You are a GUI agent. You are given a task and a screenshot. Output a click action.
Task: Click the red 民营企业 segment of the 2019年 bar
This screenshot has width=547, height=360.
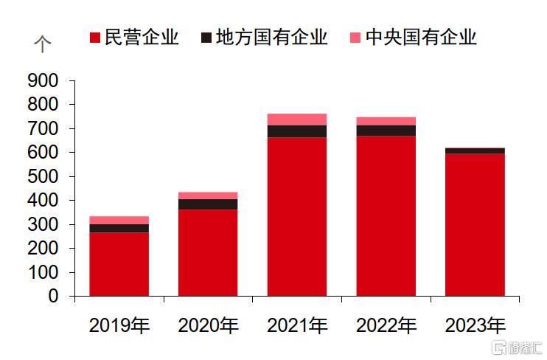coord(119,264)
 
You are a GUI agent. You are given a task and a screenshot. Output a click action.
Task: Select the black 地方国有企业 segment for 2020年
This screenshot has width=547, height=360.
coord(208,204)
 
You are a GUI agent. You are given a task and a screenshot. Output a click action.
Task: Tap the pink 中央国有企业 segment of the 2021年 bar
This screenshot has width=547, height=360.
coord(296,120)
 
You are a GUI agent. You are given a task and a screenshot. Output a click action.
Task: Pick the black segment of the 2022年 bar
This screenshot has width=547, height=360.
coord(386,131)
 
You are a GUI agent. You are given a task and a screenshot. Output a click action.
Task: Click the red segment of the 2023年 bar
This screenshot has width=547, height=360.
coord(475,224)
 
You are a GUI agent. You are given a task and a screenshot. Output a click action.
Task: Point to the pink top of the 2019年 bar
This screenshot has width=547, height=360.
coord(119,220)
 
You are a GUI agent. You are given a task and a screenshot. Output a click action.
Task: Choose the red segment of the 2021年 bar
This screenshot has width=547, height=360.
coord(296,216)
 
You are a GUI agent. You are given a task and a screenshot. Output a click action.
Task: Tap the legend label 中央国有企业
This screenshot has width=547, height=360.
coord(421,38)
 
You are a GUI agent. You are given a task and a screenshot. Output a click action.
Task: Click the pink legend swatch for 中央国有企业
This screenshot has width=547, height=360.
coord(355,38)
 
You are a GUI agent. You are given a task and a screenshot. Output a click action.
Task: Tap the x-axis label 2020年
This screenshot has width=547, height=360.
coord(209,325)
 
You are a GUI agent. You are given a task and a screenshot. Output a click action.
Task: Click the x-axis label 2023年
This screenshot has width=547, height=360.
coord(475,325)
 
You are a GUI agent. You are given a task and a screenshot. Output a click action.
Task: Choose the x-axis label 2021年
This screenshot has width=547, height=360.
coord(297,325)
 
